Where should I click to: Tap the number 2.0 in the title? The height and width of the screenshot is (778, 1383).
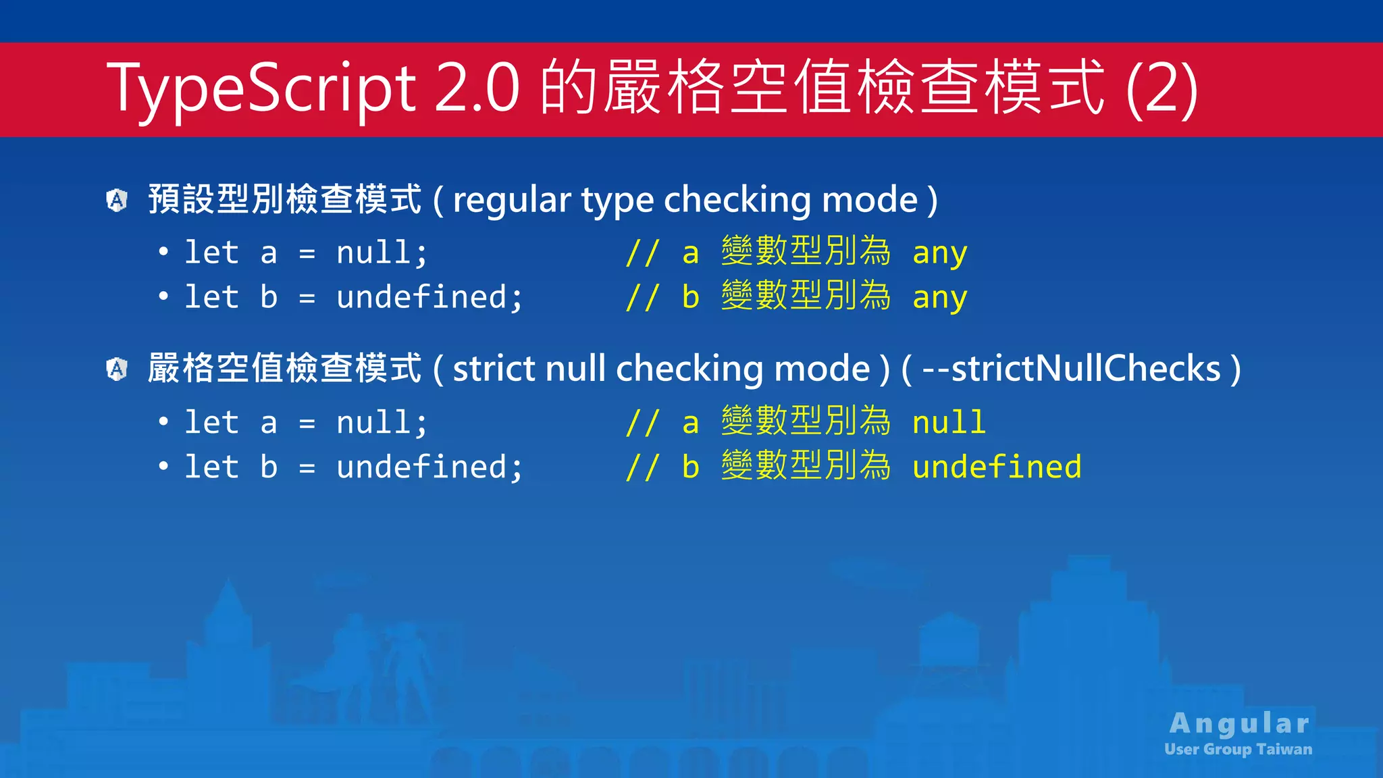477,88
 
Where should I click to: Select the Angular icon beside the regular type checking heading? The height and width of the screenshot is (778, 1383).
118,200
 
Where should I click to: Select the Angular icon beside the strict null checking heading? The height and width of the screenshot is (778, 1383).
118,369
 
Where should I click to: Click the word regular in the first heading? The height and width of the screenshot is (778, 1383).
512,201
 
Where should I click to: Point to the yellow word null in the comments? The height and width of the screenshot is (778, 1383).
949,422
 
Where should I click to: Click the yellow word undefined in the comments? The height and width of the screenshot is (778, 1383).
997,467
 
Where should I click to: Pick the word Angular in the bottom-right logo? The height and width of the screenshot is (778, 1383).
1239,723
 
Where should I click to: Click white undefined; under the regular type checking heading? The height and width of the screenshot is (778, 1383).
429,297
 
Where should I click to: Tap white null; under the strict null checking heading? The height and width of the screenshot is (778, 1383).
382,423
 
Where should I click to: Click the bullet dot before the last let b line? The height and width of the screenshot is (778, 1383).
163,466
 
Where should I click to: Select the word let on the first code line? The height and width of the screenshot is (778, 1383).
212,253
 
